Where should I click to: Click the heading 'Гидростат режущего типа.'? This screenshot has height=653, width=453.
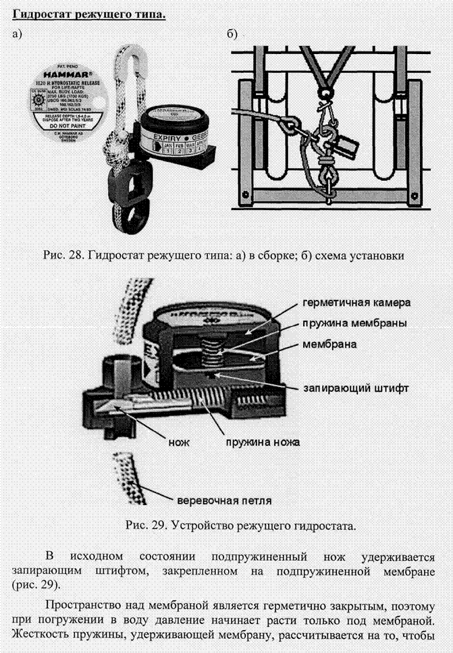88,13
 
